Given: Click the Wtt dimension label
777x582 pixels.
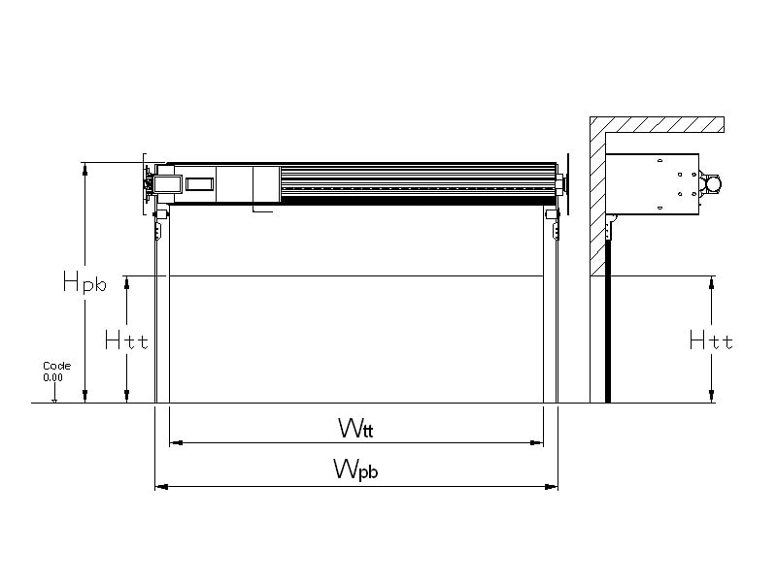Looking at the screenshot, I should point(355,427).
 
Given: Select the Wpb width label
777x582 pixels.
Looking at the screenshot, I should point(355,469).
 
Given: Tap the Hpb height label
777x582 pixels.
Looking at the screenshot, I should point(84,282).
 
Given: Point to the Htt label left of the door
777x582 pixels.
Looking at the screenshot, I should point(126,339).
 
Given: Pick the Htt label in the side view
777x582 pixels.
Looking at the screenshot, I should point(711,339).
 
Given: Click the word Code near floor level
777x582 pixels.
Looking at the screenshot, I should point(56,366).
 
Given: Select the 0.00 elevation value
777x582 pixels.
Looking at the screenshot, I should point(53,376).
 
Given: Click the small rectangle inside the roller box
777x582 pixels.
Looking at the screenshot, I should point(199,183).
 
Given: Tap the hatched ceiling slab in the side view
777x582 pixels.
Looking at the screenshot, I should point(660,125).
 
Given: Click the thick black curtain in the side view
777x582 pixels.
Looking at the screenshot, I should point(608,320).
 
